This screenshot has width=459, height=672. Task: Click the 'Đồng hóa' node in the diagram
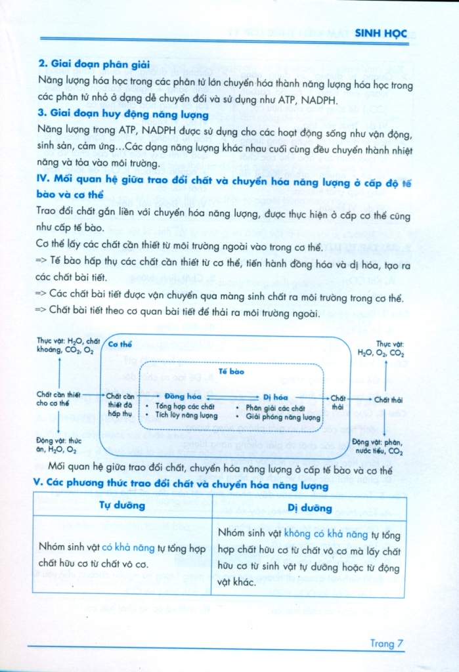tap(183, 397)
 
